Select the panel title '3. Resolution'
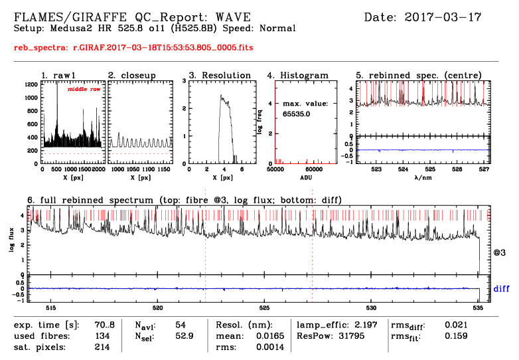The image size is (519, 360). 220,76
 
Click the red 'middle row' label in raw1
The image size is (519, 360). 84,88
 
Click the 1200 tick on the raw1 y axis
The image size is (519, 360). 31,84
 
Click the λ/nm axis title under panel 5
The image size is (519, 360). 422,178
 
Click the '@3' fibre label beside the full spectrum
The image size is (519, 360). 499,253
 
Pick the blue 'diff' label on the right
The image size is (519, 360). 502,289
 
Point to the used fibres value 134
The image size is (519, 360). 102,336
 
